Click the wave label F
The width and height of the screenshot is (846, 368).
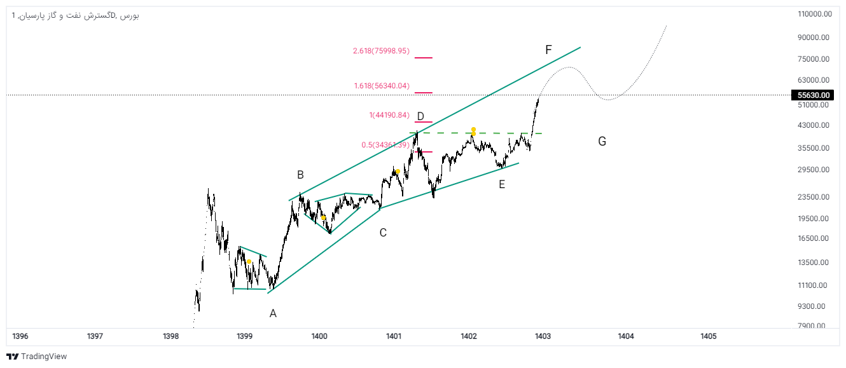tap(548, 50)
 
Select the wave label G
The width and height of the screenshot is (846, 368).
tap(602, 141)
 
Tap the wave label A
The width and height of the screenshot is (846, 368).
tap(273, 313)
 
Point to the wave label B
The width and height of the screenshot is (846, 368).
tap(300, 175)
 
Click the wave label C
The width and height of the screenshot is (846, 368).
tap(383, 233)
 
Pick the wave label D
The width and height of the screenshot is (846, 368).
tap(420, 116)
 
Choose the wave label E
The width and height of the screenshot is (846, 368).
tap(502, 184)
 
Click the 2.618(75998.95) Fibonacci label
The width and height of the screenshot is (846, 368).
tap(382, 51)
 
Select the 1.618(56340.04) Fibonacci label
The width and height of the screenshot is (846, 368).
tap(382, 86)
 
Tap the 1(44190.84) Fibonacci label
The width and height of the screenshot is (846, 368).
tap(389, 115)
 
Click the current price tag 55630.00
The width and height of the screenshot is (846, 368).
tap(814, 95)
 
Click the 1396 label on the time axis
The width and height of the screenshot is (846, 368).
tap(20, 336)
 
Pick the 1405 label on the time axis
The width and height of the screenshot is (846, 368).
tap(708, 336)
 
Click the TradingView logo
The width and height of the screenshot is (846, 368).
tap(36, 357)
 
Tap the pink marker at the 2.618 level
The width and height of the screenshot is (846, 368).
tap(423, 58)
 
